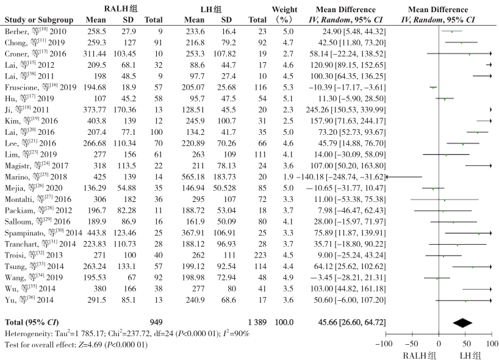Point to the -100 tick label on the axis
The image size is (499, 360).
click(x=384, y=345)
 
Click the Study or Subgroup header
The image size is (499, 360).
click(x=37, y=20)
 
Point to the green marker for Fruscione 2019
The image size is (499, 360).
click(x=433, y=87)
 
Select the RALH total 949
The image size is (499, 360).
click(x=157, y=322)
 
